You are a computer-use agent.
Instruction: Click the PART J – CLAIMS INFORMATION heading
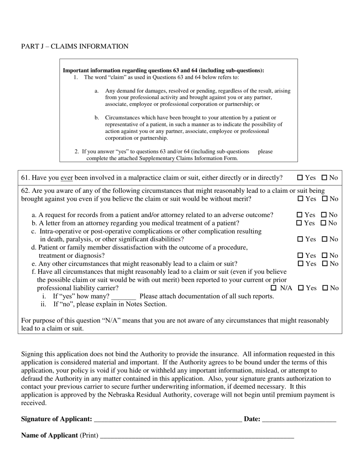point(75,47)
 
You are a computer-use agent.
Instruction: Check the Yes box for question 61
point(300,178)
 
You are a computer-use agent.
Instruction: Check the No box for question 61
point(324,178)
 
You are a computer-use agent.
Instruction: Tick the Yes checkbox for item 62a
point(300,215)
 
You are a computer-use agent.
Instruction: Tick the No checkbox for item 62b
point(324,223)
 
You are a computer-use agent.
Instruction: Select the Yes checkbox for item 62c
point(300,239)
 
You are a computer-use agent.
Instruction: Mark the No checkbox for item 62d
point(324,256)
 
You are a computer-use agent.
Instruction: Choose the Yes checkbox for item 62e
point(300,264)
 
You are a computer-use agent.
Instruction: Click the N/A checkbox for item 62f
point(274,288)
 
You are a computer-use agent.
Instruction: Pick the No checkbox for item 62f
point(325,288)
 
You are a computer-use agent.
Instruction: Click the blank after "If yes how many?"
point(124,297)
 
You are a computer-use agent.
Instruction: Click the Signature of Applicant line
point(167,419)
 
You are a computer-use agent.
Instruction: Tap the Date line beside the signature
point(299,419)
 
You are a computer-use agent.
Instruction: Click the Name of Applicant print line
point(197,436)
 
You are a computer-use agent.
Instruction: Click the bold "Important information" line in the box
point(163,70)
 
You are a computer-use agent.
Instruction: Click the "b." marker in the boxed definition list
point(97,118)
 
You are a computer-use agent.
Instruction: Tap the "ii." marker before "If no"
point(44,304)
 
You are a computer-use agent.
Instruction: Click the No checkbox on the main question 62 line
point(325,199)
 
